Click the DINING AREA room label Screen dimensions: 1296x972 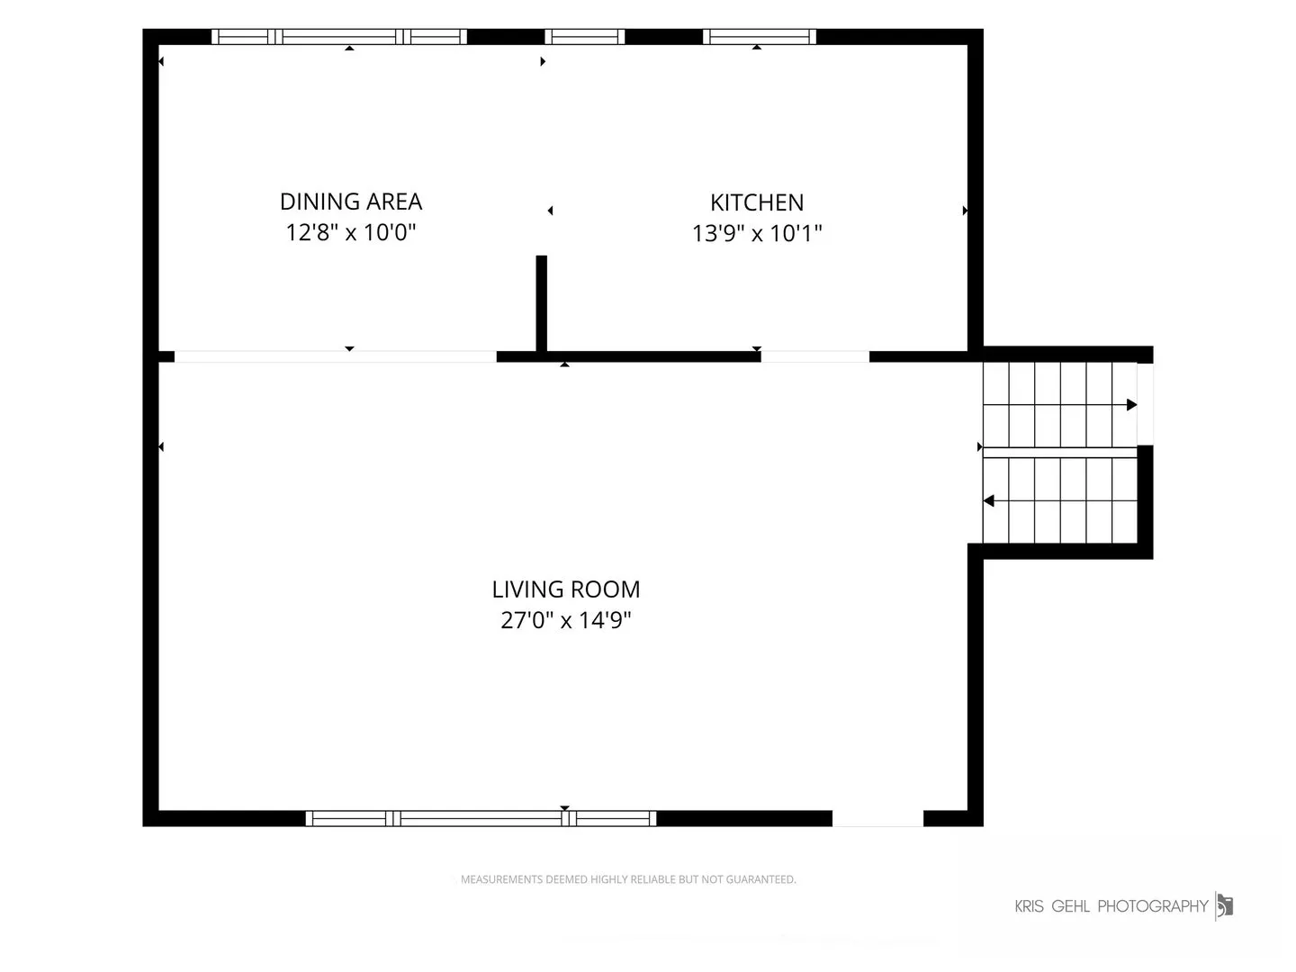[x=351, y=202]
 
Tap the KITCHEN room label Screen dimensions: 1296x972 [x=756, y=203]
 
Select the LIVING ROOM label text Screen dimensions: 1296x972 [x=565, y=589]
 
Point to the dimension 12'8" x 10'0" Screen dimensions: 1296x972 [x=351, y=232]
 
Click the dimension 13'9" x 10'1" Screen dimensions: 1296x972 [x=756, y=234]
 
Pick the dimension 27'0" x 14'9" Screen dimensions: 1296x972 [x=565, y=620]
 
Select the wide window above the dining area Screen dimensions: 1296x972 [x=339, y=37]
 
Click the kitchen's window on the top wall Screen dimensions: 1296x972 [x=760, y=37]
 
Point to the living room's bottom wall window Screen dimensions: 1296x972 [x=481, y=819]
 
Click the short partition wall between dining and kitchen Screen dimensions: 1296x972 [x=542, y=303]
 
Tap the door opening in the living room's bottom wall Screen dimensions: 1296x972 [x=878, y=819]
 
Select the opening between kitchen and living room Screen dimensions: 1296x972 [x=815, y=356]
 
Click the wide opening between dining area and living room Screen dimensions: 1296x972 [x=336, y=356]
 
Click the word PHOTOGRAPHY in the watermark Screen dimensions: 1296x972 [x=1153, y=906]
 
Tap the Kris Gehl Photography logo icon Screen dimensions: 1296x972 [x=1225, y=906]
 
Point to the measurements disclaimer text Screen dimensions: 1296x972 [x=628, y=879]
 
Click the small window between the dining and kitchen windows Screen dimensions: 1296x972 [x=584, y=37]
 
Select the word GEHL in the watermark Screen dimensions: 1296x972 [x=1070, y=906]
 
